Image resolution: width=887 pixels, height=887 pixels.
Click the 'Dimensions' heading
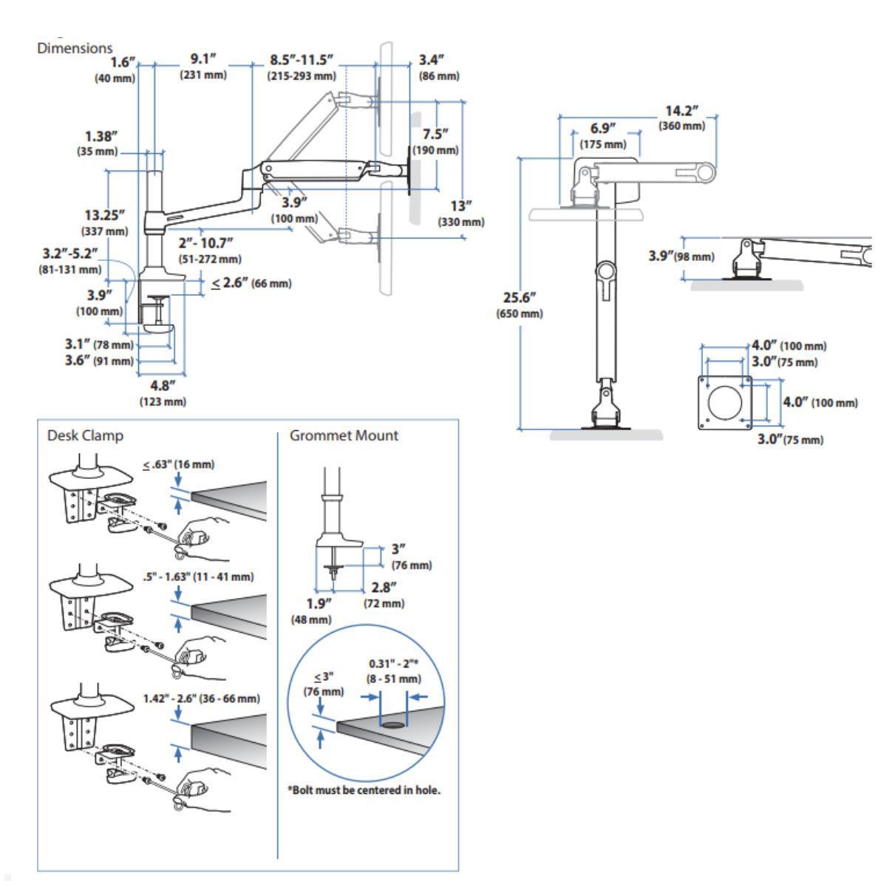75,48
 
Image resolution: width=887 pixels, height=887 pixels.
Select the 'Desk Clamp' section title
85,435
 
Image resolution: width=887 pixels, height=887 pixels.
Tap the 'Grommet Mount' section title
344,435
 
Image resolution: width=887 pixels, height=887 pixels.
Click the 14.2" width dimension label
682,118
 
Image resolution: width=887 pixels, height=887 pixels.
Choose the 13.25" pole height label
105,222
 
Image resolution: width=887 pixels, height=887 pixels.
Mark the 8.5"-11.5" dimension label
302,67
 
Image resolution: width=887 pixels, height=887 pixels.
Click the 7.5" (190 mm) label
435,142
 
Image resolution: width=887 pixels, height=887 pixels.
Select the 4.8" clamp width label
163,393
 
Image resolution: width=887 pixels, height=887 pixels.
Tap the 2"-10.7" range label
210,251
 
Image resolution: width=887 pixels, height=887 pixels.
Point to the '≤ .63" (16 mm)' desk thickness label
179,464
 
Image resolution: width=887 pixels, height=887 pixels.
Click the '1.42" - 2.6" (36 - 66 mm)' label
202,699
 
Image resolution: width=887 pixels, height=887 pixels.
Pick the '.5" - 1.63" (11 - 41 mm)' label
198,577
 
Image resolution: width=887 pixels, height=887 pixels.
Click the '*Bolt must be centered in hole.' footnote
364,790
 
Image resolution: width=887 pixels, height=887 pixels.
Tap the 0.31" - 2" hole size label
394,671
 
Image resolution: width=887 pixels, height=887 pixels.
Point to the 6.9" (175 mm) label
603,136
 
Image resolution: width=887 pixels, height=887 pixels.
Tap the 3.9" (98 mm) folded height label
682,256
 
